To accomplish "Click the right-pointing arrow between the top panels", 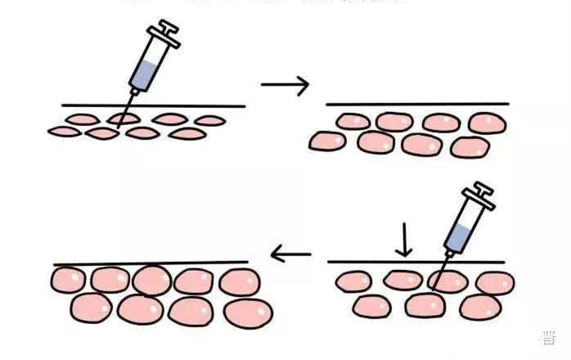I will (x=285, y=84).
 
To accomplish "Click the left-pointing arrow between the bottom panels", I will (x=291, y=255).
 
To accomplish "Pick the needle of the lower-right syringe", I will (x=443, y=267).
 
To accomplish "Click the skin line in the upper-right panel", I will (x=417, y=104).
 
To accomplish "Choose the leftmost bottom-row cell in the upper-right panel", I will (x=327, y=141).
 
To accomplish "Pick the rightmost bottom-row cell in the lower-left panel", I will (x=248, y=313).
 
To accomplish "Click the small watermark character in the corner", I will (x=549, y=337).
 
